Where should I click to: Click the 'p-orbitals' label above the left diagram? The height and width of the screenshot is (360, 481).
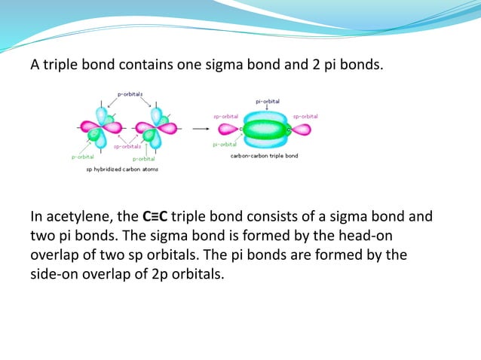[130, 94]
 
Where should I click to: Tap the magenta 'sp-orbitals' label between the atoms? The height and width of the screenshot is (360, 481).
[127, 147]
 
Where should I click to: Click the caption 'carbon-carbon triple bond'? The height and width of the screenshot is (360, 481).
[264, 156]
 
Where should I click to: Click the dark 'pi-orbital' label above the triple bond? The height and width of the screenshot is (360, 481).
[268, 100]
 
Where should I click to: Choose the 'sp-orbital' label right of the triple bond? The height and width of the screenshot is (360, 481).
[305, 116]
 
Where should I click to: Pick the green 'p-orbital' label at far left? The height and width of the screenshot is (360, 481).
[83, 157]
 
